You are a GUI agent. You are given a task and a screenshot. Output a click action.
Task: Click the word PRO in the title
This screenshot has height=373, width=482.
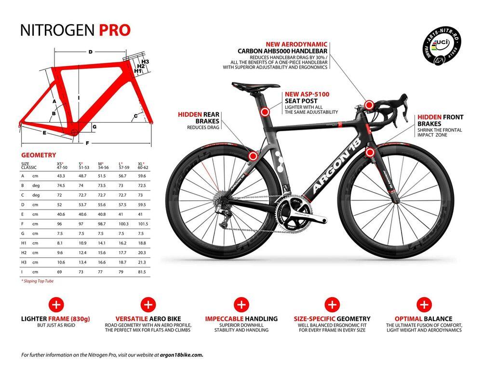tap(115, 30)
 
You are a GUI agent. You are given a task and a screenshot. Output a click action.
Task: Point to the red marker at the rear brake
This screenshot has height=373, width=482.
tap(253, 155)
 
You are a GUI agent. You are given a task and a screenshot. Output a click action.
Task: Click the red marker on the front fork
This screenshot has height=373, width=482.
tap(370, 153)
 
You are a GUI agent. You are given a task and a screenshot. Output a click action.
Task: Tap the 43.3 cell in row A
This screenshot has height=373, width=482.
tap(61, 175)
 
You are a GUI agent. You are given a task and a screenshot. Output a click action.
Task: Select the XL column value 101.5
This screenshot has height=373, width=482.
tap(143, 223)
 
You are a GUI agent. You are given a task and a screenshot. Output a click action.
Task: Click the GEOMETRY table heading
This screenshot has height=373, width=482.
tap(39, 155)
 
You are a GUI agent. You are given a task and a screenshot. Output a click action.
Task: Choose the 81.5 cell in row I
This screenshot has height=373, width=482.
tap(142, 272)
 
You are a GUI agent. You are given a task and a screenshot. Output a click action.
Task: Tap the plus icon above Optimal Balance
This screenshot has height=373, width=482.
tap(424, 304)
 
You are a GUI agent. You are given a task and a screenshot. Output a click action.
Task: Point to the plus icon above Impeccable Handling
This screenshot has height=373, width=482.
tap(241, 304)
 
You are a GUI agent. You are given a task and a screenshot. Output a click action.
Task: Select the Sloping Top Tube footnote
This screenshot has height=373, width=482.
tap(37, 281)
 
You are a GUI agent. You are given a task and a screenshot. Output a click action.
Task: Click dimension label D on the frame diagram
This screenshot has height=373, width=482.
tap(90, 52)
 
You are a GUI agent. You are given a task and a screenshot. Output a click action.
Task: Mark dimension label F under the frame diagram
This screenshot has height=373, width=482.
tap(87, 143)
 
